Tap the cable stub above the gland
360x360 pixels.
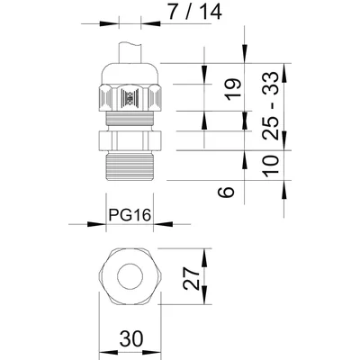130,50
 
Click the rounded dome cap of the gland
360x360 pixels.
130,72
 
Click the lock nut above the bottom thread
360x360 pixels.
130,140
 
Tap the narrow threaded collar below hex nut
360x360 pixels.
130,120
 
